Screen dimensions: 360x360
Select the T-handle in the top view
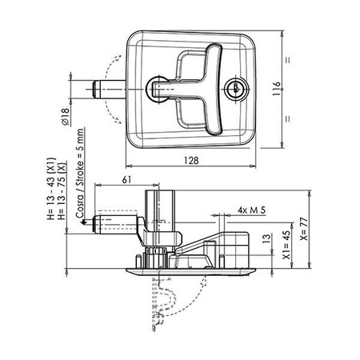192,87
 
